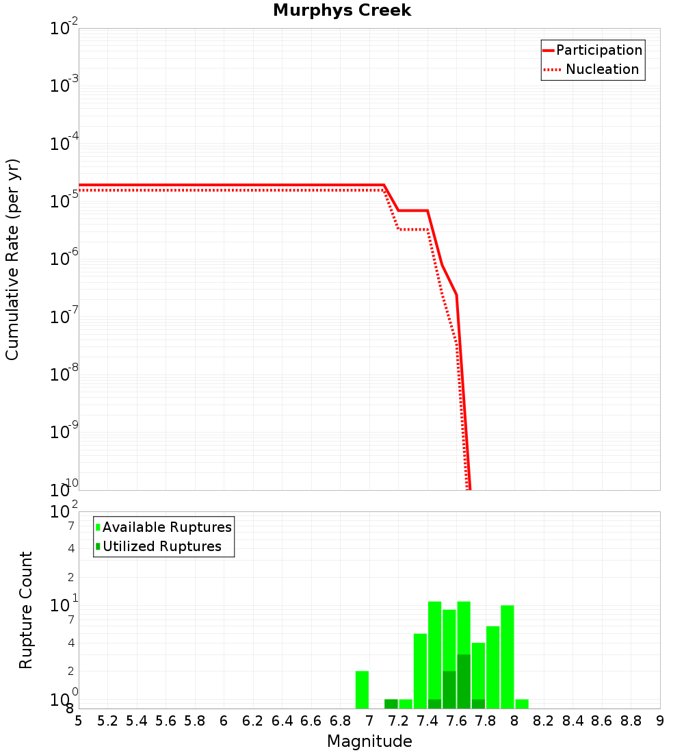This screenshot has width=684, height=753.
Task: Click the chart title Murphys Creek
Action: click(x=341, y=11)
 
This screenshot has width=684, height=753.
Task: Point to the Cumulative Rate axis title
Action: click(x=12, y=259)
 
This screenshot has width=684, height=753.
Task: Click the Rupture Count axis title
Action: click(x=26, y=610)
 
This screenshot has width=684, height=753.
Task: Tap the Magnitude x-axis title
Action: click(x=369, y=741)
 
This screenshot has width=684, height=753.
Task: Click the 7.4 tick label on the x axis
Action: click(x=428, y=722)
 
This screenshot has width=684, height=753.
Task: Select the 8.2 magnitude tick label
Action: click(x=544, y=722)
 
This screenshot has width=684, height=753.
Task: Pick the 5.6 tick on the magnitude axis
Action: click(x=166, y=722)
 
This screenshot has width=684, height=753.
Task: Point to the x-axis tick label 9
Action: click(x=660, y=722)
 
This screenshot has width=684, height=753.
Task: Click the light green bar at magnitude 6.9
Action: click(x=362, y=689)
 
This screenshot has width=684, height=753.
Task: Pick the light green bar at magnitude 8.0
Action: click(x=522, y=704)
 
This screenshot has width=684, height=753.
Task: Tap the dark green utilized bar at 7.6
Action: click(x=463, y=681)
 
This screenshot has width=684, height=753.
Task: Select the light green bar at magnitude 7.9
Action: click(x=508, y=656)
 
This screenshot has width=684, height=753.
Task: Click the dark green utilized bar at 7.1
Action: click(x=391, y=704)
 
